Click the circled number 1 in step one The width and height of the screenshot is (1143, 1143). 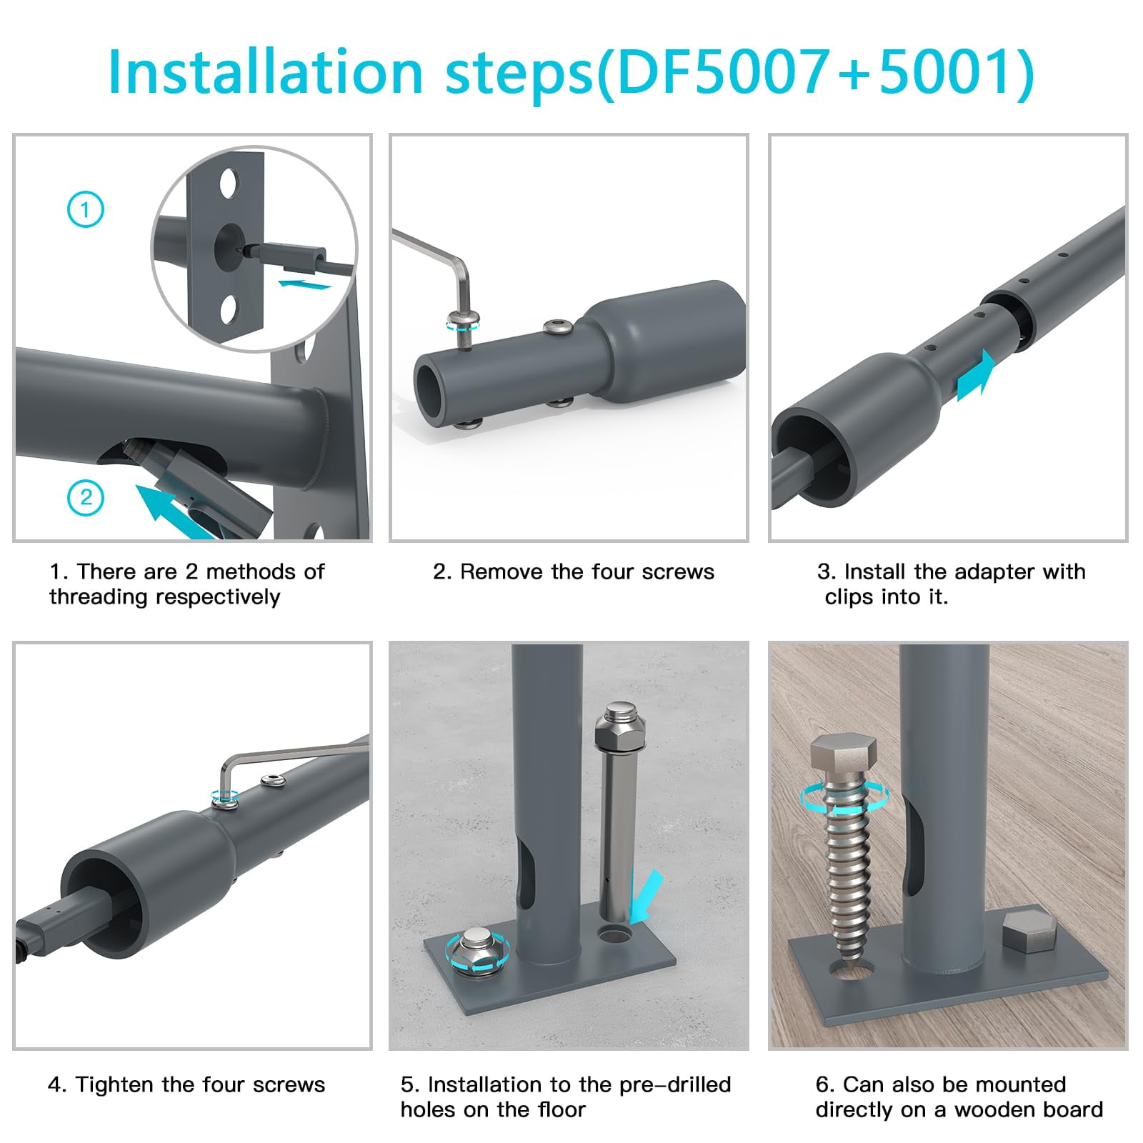coord(86,210)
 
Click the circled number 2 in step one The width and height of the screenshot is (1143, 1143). coord(86,497)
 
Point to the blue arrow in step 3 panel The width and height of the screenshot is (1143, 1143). coord(976,376)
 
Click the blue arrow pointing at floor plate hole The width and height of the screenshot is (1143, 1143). coord(646,896)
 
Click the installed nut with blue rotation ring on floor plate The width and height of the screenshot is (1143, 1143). coord(477,949)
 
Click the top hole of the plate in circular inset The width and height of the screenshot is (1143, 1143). coord(228,184)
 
